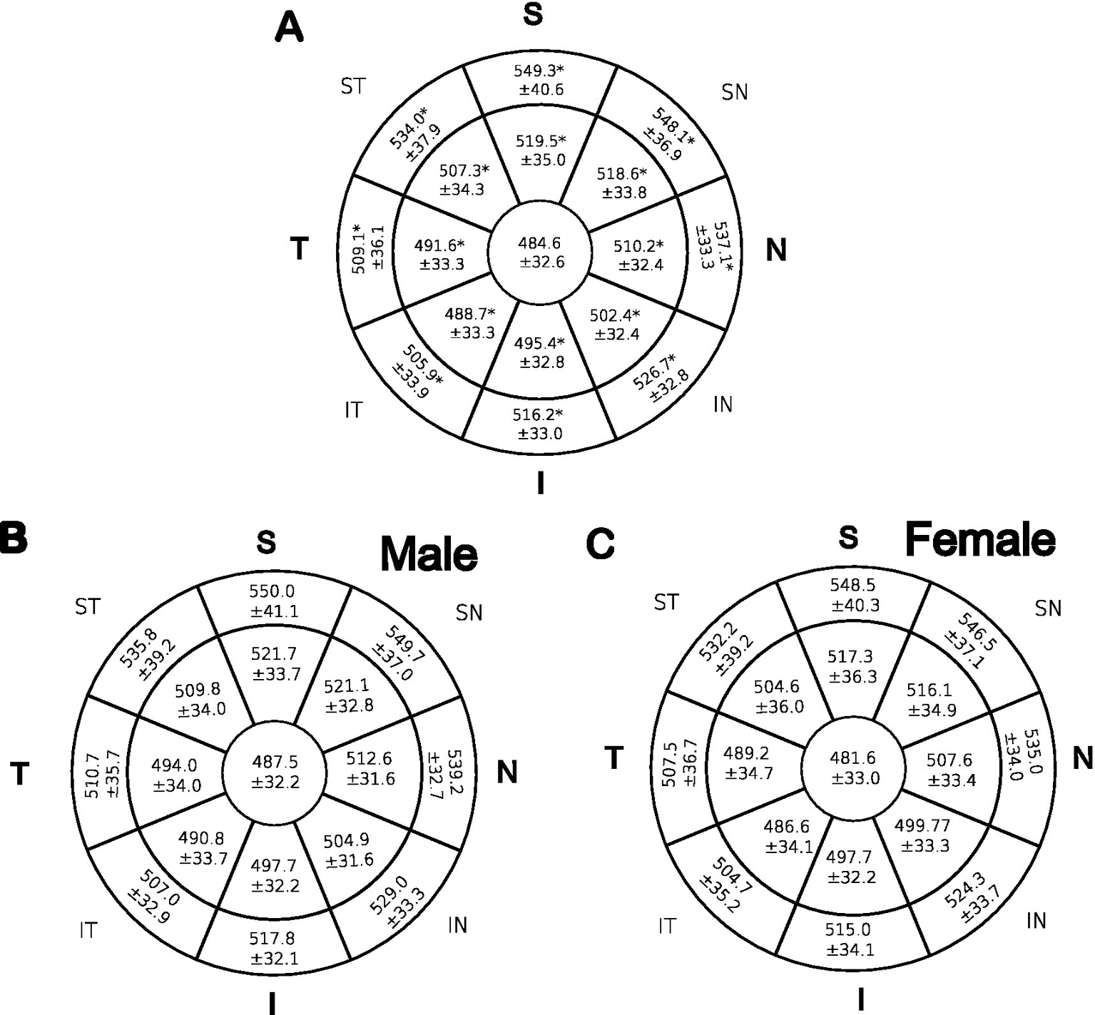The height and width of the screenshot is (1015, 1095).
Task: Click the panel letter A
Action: click(x=289, y=30)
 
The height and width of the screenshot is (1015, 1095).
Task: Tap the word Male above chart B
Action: click(x=429, y=554)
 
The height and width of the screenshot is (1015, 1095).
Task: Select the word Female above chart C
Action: click(x=980, y=540)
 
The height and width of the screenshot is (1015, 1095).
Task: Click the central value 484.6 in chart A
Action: click(x=539, y=243)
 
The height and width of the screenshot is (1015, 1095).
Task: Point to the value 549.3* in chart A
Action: click(x=539, y=71)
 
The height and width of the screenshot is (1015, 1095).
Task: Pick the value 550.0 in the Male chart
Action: click(x=271, y=591)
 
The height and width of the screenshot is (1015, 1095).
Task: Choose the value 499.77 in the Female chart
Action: click(x=923, y=826)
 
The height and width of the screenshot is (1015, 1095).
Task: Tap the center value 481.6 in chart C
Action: click(x=852, y=758)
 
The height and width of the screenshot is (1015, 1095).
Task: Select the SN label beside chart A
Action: click(x=735, y=92)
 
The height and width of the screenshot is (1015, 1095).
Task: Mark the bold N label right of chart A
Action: click(x=776, y=250)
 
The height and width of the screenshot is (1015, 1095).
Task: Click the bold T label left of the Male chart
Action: click(x=20, y=773)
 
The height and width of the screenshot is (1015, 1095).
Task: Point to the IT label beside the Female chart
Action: click(x=667, y=927)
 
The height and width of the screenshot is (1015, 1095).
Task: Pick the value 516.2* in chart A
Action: click(x=539, y=414)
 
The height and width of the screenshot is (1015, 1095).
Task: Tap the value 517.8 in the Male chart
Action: click(x=272, y=939)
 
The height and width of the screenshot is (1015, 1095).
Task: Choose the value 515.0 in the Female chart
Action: click(x=849, y=930)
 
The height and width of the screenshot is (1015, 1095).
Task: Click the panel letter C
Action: click(x=600, y=544)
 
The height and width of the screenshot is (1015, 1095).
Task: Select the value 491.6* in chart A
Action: click(x=439, y=245)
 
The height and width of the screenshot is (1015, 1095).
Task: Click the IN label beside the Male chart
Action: click(x=457, y=925)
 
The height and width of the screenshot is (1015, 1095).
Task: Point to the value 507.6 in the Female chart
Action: click(x=949, y=760)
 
